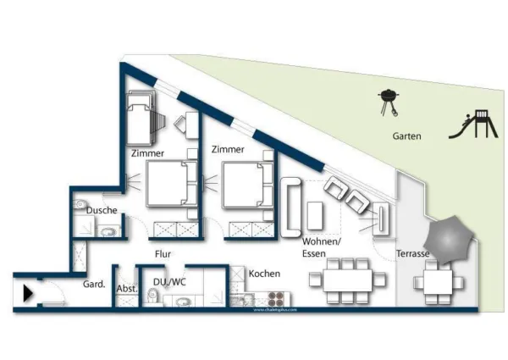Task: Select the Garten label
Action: (x=407, y=136)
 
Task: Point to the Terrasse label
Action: (x=412, y=254)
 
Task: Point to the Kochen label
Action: (x=264, y=274)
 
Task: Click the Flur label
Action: (x=163, y=252)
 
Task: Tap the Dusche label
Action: (x=101, y=210)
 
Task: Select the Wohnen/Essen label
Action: (x=321, y=246)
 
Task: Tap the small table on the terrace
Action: (x=437, y=281)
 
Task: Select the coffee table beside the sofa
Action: (x=315, y=215)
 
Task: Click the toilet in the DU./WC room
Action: (x=153, y=296)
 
